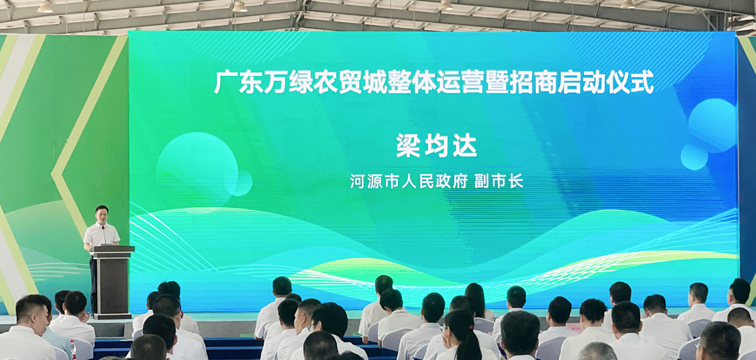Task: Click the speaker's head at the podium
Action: click(101, 214)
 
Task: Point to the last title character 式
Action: click(643, 82)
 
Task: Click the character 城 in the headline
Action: click(375, 82)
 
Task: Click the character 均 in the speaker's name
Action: click(436, 146)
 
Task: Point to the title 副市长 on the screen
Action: click(499, 181)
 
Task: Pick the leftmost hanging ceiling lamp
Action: click(45, 8)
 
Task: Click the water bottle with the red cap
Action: click(73, 349)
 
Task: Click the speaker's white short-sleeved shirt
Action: click(101, 235)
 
